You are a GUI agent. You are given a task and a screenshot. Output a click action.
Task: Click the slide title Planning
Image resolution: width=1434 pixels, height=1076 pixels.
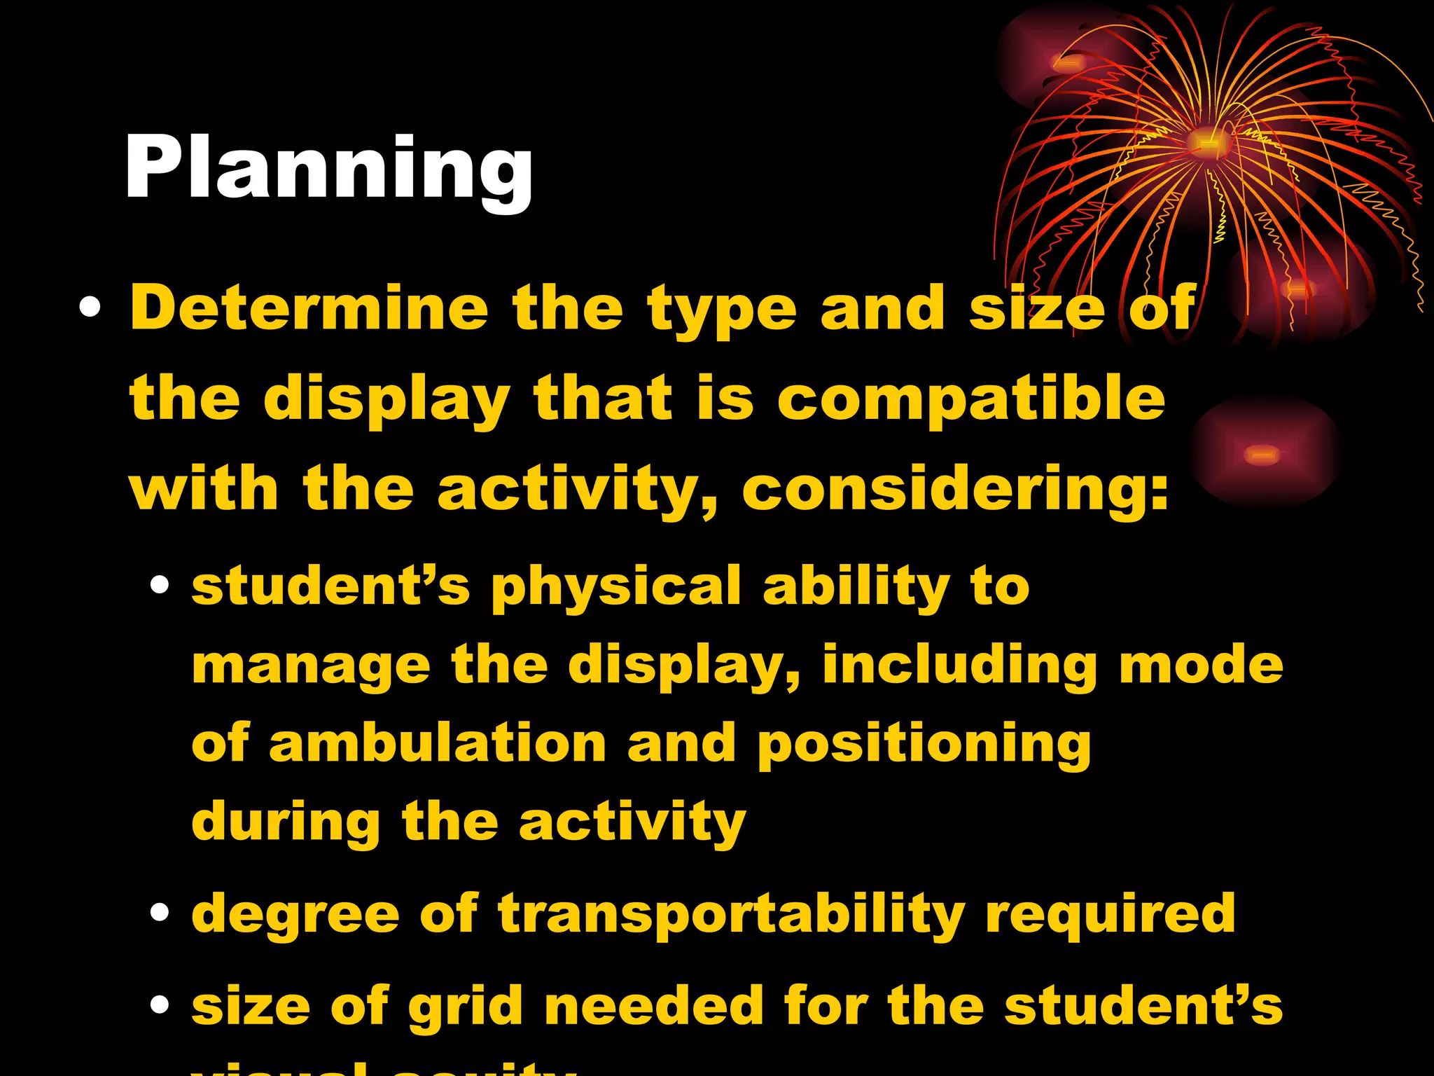(x=329, y=168)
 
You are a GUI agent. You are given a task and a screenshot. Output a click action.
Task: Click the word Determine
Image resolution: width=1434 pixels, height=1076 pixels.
(x=309, y=308)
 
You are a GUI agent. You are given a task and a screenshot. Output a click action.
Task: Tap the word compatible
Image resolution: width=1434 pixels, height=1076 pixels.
(x=971, y=399)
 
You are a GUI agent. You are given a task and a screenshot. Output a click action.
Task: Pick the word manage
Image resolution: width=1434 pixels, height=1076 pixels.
(x=311, y=666)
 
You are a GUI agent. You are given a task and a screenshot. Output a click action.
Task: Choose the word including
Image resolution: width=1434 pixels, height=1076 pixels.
(x=960, y=666)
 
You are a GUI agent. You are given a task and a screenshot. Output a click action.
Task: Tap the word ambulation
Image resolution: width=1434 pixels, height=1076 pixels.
(x=438, y=744)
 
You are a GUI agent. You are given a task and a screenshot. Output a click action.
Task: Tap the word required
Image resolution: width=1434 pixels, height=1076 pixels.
(x=1110, y=915)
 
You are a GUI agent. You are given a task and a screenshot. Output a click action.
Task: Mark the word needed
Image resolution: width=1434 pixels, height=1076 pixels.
(x=654, y=1006)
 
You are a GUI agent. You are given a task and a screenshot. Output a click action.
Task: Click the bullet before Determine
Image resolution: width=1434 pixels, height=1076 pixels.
(x=90, y=308)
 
